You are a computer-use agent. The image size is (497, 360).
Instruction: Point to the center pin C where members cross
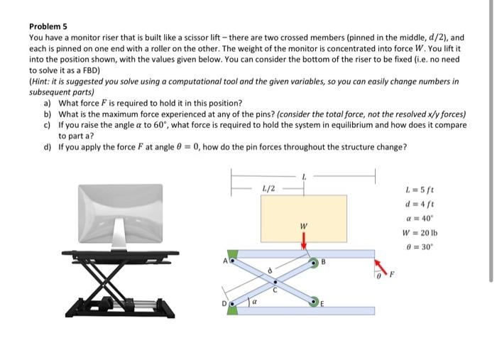click(275, 283)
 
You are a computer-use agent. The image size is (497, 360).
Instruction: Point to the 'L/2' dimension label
click(268, 189)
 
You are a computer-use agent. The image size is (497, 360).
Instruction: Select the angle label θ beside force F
click(381, 275)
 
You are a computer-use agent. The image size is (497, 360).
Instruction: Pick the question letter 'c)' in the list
click(48, 124)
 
